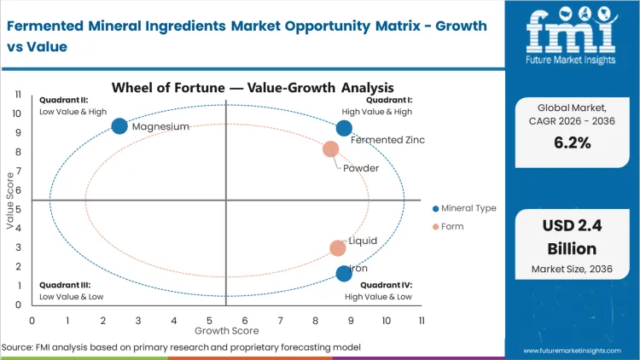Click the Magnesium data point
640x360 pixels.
point(119,126)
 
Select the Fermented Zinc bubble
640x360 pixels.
point(344,128)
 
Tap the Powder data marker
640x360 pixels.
point(330,149)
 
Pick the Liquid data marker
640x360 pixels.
point(338,248)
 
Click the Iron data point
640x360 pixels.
point(344,273)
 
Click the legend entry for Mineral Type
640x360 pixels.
point(464,208)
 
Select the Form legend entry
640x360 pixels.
point(453,226)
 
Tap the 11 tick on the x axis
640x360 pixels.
point(422,320)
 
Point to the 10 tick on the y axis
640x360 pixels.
point(16,113)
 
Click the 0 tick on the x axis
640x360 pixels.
point(32,320)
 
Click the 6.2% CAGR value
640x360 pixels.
point(572,142)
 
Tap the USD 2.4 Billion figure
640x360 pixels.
point(572,238)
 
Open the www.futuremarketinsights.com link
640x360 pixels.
point(574,350)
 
